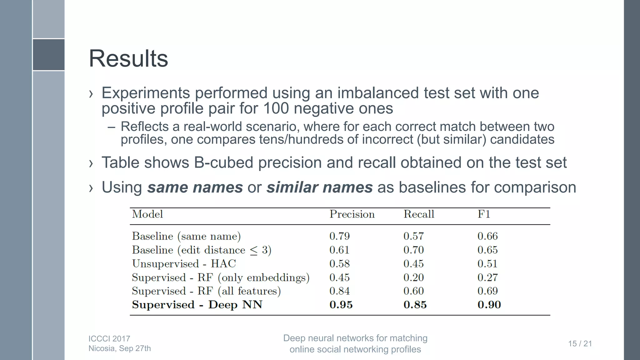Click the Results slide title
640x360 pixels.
point(128,58)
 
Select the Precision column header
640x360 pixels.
point(352,214)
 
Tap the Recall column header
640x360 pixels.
point(419,214)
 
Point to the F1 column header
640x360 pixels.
point(484,214)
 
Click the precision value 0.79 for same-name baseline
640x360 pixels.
point(339,236)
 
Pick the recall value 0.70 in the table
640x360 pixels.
point(413,250)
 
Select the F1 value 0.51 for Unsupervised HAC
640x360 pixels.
point(487,264)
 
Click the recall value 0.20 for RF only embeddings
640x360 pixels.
point(413,277)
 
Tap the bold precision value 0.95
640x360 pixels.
point(341,305)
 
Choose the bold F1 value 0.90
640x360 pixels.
point(489,305)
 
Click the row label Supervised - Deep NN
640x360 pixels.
point(197,305)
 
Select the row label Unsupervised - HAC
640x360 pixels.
point(184,264)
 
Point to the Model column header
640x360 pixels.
point(147,214)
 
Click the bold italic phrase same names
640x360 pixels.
point(195,187)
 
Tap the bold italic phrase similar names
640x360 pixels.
point(319,187)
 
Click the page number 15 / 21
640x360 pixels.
point(580,344)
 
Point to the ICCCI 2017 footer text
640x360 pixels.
point(109,339)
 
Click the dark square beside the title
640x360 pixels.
point(49,55)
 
